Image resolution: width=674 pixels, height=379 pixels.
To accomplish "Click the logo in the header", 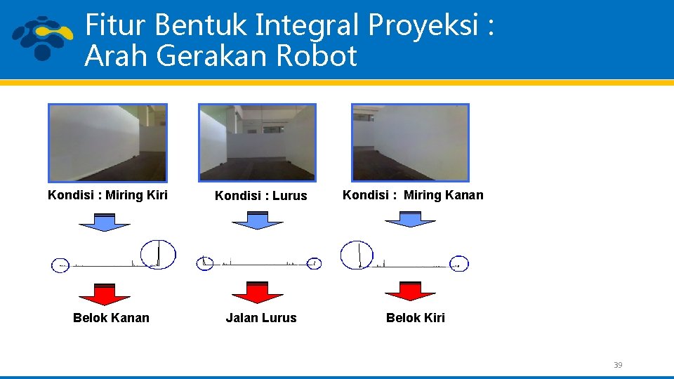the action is click(x=43, y=38).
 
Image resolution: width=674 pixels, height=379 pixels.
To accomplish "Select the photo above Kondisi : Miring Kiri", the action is click(x=107, y=142).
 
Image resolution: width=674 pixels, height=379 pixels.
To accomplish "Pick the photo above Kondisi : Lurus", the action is click(x=257, y=142).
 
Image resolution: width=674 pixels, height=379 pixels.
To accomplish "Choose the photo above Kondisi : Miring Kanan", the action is click(x=410, y=142).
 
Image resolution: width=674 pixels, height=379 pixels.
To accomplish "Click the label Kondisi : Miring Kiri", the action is click(x=107, y=194).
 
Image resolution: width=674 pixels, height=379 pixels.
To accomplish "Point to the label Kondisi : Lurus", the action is click(x=260, y=196).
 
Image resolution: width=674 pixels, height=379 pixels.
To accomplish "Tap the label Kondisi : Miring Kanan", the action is click(x=413, y=194).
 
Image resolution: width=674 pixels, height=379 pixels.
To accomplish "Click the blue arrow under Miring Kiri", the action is click(x=105, y=221).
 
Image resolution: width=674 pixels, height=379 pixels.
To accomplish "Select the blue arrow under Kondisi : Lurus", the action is click(x=258, y=220).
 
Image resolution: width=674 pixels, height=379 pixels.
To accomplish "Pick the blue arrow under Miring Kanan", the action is click(x=410, y=220).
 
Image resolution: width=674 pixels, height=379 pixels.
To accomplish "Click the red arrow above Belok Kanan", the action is click(x=105, y=293).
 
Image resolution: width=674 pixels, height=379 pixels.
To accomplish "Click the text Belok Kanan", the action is click(x=111, y=318).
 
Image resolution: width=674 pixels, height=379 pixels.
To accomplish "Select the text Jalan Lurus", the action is click(x=261, y=318).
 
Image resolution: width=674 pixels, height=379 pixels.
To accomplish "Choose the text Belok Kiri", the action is click(x=416, y=318).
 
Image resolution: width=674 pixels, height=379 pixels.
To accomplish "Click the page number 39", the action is click(x=618, y=365).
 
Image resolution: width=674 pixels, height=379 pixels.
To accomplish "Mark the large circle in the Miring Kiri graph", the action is click(x=158, y=254).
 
